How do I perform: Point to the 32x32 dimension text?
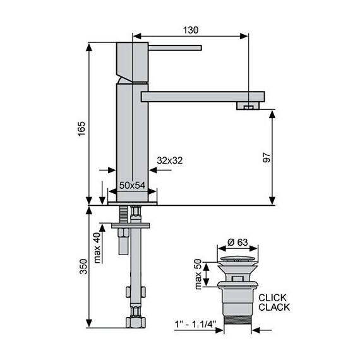point(170,160)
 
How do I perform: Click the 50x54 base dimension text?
point(132,185)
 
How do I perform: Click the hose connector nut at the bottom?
point(133,322)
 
